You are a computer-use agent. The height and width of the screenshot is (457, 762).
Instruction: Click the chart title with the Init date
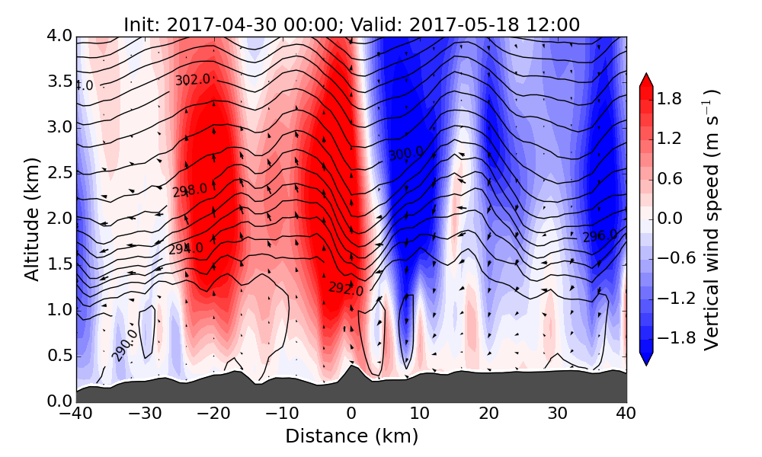coord(351,24)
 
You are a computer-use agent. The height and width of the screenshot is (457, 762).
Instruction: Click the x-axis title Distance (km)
coord(351,436)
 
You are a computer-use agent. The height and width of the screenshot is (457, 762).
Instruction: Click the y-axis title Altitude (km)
coord(32,219)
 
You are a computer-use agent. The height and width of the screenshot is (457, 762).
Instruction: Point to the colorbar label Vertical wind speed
coord(712,219)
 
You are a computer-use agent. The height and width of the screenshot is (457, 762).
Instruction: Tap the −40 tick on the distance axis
coord(76,414)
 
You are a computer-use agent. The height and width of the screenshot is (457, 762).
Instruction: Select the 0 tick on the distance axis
coord(351,414)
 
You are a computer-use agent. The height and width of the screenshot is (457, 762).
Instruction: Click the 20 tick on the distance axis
coord(489,414)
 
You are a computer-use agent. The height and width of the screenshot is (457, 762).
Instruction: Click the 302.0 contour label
coord(192,79)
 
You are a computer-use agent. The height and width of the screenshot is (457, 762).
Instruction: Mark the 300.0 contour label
coord(405,155)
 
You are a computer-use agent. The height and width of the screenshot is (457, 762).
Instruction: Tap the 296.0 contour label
coord(600,236)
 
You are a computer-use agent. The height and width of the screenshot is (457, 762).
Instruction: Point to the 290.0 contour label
coord(124,345)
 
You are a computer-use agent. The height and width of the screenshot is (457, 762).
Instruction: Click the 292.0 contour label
coord(346,288)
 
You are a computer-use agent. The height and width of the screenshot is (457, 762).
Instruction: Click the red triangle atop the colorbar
coord(646,80)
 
